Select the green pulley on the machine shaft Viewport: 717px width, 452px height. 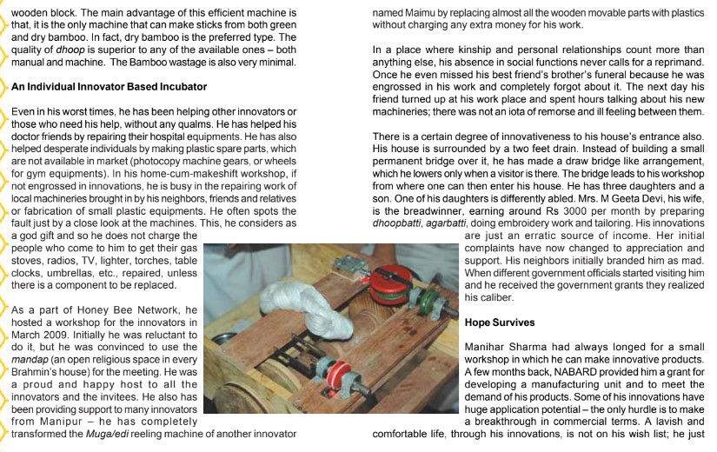[425, 304]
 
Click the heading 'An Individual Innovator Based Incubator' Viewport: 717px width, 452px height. [109, 87]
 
